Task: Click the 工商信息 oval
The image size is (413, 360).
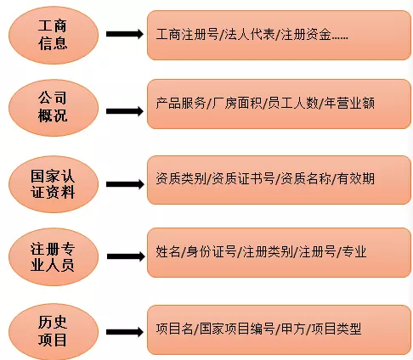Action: [54, 34]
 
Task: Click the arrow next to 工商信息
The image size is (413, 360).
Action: [123, 35]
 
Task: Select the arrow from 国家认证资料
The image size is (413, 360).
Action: [123, 181]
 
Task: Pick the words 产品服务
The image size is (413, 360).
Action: [181, 104]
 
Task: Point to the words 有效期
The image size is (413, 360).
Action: [356, 179]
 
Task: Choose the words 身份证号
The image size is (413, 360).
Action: [213, 252]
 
